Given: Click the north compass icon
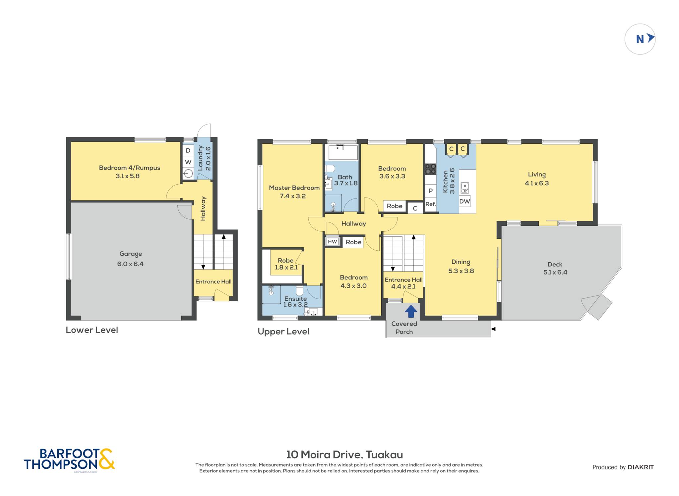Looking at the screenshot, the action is click(640, 39).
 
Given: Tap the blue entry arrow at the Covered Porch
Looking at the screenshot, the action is click(411, 311).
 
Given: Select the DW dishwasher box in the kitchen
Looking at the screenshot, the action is click(464, 201).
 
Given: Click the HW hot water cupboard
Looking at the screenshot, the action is click(332, 242).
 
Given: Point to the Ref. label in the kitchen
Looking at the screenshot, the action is click(430, 204).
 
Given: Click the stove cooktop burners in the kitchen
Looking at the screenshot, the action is click(431, 169).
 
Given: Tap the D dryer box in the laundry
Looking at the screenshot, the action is click(188, 150).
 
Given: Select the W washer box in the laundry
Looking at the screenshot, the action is click(188, 162).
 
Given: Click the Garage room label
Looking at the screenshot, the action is click(131, 254).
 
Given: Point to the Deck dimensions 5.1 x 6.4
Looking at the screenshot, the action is click(555, 272).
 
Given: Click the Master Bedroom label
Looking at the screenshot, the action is click(294, 188).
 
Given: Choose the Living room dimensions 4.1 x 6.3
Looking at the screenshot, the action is click(537, 183).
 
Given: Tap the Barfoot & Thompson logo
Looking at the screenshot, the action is click(69, 459).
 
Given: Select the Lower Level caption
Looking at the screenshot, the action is click(92, 330).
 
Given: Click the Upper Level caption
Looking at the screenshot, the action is click(283, 332).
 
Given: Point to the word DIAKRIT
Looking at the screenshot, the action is click(641, 467).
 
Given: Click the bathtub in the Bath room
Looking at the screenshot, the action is click(343, 153).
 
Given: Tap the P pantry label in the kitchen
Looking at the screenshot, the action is click(430, 191).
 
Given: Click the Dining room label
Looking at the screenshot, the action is click(461, 262).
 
